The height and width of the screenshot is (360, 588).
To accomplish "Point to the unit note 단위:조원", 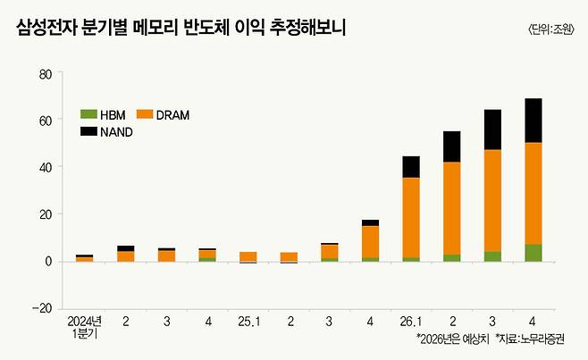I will (x=551, y=29).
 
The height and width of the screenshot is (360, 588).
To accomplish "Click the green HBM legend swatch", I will (x=88, y=115).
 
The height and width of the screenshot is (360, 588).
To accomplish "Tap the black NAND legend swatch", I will (x=88, y=132).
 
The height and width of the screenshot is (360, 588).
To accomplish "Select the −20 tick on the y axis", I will (x=42, y=308).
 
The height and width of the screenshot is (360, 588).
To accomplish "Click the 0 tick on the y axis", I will (x=48, y=262).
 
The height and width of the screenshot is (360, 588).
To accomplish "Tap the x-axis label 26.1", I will (x=411, y=319).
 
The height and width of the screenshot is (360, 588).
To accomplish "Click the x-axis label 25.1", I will (x=248, y=319).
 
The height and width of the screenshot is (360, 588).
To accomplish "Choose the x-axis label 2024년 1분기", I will (x=85, y=325).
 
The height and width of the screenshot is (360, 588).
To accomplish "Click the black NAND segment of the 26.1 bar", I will (x=411, y=167).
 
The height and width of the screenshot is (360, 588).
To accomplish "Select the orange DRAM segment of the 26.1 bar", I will (x=411, y=217).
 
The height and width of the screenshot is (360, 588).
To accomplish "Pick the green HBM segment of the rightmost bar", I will (x=533, y=253).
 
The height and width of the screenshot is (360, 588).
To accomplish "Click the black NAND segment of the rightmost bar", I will (x=533, y=121).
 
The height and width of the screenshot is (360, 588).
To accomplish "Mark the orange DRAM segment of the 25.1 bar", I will (x=248, y=256).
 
